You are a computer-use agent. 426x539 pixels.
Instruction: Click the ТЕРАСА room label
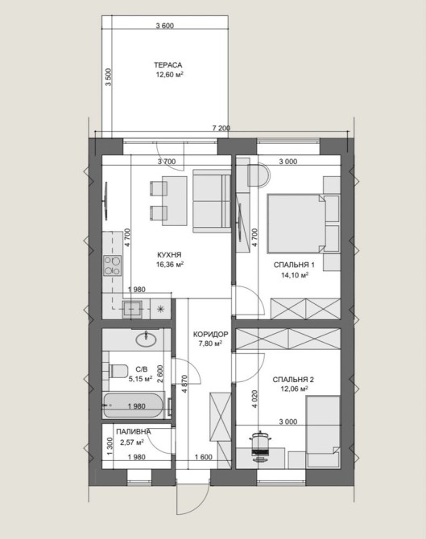tap(168, 65)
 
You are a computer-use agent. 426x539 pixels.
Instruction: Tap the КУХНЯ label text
tap(169, 255)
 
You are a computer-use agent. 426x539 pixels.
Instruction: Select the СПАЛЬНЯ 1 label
tap(294, 265)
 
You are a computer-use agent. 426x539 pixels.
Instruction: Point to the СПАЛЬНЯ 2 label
tap(293, 380)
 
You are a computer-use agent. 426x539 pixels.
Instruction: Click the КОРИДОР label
tap(211, 334)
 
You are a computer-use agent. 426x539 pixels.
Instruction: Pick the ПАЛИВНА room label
tap(134, 432)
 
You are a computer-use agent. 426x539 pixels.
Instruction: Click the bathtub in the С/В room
tap(134, 406)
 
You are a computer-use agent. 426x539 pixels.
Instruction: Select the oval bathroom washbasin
tap(147, 339)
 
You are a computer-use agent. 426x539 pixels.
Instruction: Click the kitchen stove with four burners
tap(113, 265)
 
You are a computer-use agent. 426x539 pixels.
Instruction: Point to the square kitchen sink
tap(133, 309)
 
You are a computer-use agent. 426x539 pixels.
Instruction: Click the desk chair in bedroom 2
tap(261, 446)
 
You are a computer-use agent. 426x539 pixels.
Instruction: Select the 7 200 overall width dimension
tap(221, 129)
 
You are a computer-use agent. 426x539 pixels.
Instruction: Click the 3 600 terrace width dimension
tap(165, 26)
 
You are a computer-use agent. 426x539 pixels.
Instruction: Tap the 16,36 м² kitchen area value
tap(169, 265)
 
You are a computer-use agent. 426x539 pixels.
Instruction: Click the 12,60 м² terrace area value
tap(169, 75)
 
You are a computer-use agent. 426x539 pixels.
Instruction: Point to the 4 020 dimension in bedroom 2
tap(255, 398)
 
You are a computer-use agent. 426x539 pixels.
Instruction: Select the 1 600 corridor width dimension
tap(204, 457)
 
